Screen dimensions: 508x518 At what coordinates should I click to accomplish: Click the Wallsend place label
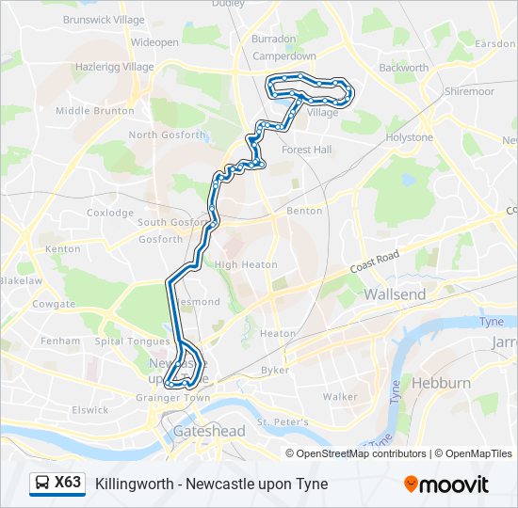click(395, 294)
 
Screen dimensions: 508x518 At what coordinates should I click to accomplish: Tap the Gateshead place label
click(209, 431)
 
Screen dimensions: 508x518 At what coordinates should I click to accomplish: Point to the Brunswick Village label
click(104, 19)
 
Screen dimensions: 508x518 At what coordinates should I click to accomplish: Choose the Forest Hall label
click(306, 150)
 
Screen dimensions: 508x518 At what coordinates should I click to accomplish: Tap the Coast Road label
click(376, 261)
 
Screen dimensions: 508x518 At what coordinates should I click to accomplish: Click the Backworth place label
click(403, 68)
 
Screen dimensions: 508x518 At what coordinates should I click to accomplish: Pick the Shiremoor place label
click(467, 91)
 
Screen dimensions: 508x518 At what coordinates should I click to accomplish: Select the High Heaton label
click(246, 264)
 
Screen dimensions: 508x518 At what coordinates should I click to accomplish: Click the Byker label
click(275, 370)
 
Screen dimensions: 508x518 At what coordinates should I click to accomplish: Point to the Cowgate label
click(53, 304)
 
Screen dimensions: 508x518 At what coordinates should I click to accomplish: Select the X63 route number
click(68, 483)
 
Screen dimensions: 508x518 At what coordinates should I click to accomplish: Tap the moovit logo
click(446, 484)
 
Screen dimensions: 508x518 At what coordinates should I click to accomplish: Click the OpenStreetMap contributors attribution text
click(362, 453)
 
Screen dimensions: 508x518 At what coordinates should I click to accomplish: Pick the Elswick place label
click(90, 409)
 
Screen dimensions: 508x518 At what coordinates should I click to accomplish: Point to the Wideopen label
click(154, 42)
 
